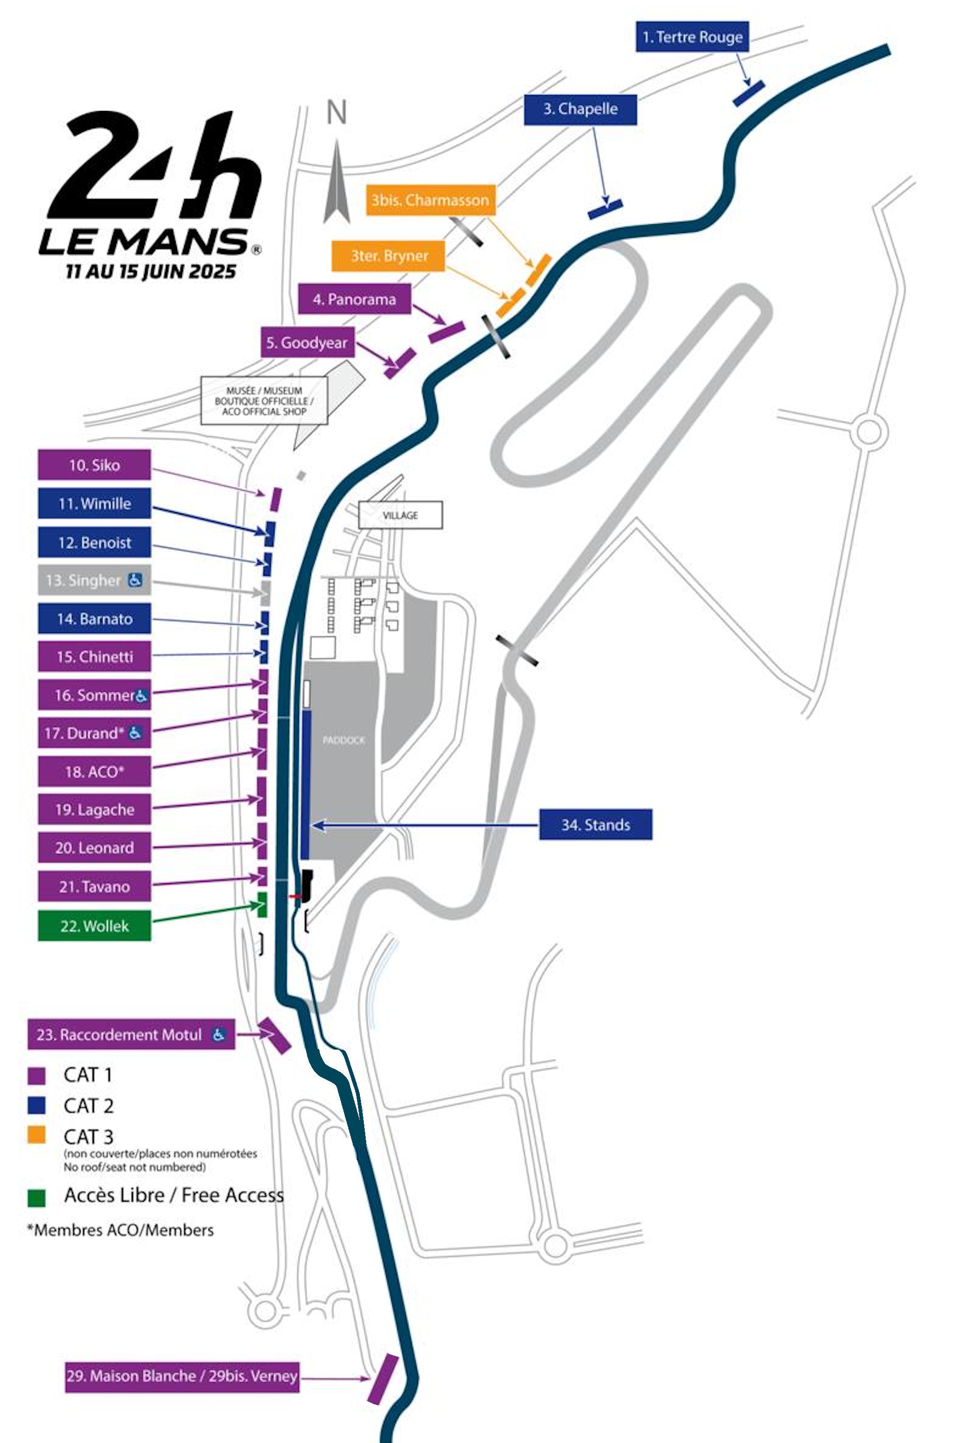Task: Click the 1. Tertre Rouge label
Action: click(692, 37)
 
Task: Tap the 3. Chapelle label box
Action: click(580, 109)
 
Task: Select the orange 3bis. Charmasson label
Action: click(430, 200)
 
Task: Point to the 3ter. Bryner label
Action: click(388, 256)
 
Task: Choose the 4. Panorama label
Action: click(355, 299)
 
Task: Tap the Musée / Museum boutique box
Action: click(264, 401)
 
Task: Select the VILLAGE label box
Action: click(401, 515)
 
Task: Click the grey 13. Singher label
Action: click(83, 581)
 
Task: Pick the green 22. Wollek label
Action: click(95, 926)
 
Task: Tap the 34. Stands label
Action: click(595, 825)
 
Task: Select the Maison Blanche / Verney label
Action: click(182, 1376)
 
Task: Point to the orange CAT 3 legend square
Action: click(37, 1135)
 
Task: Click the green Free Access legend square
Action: click(37, 1198)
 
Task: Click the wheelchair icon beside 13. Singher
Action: click(135, 580)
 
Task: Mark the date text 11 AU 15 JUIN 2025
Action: click(151, 271)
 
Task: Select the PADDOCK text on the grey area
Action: click(344, 740)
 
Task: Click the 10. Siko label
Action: click(95, 465)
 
